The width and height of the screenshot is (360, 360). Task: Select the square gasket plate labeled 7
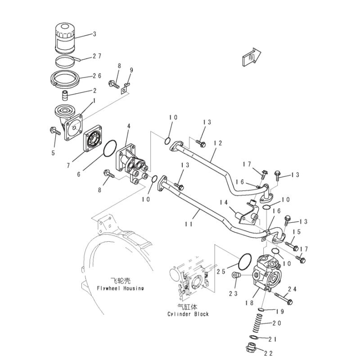tap(92, 141)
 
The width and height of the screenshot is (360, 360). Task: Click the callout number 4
tap(128, 127)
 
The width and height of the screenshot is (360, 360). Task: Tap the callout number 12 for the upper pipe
tap(218, 143)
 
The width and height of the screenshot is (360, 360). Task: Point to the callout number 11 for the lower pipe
tap(189, 224)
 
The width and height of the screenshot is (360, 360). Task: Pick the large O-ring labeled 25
tap(244, 262)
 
